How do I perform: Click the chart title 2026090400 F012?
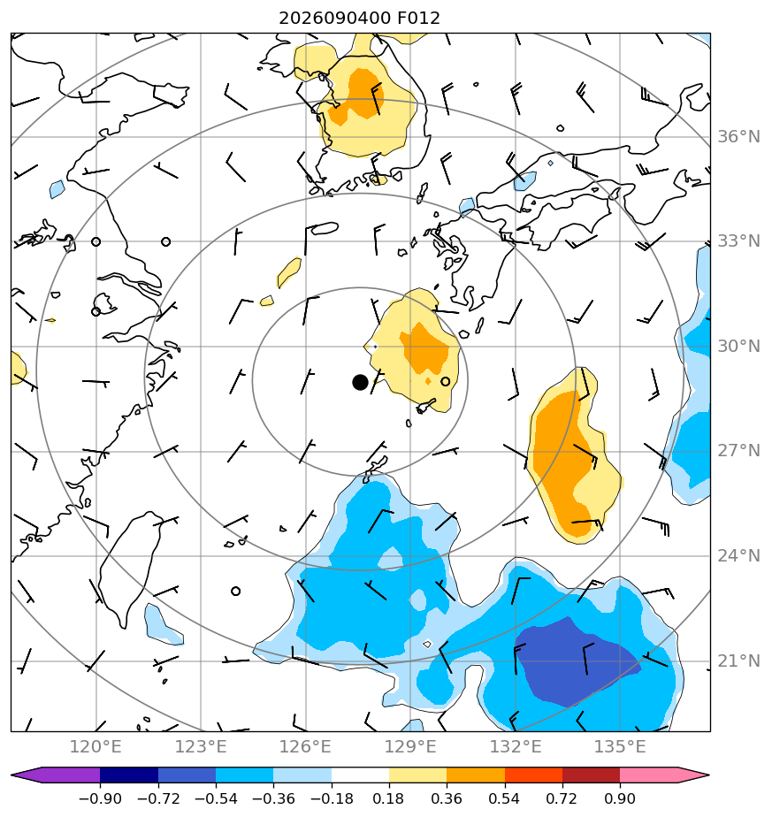(x=359, y=19)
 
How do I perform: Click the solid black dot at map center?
(x=360, y=383)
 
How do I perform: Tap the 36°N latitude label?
(x=738, y=137)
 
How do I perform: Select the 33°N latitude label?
(x=738, y=241)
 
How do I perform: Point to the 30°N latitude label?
(x=738, y=346)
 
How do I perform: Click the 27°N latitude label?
(x=738, y=451)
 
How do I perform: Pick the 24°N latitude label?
(x=738, y=556)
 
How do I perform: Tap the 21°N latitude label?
(x=738, y=661)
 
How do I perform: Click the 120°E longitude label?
(x=96, y=746)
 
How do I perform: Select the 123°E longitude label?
(x=201, y=746)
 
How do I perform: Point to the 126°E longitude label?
(x=305, y=746)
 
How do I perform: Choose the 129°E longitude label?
(x=410, y=746)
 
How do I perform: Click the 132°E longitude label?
(x=516, y=746)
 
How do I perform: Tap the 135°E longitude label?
(x=620, y=746)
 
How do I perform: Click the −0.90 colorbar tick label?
(x=100, y=798)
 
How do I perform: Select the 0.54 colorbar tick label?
(x=504, y=798)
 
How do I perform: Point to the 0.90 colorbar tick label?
(x=620, y=798)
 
